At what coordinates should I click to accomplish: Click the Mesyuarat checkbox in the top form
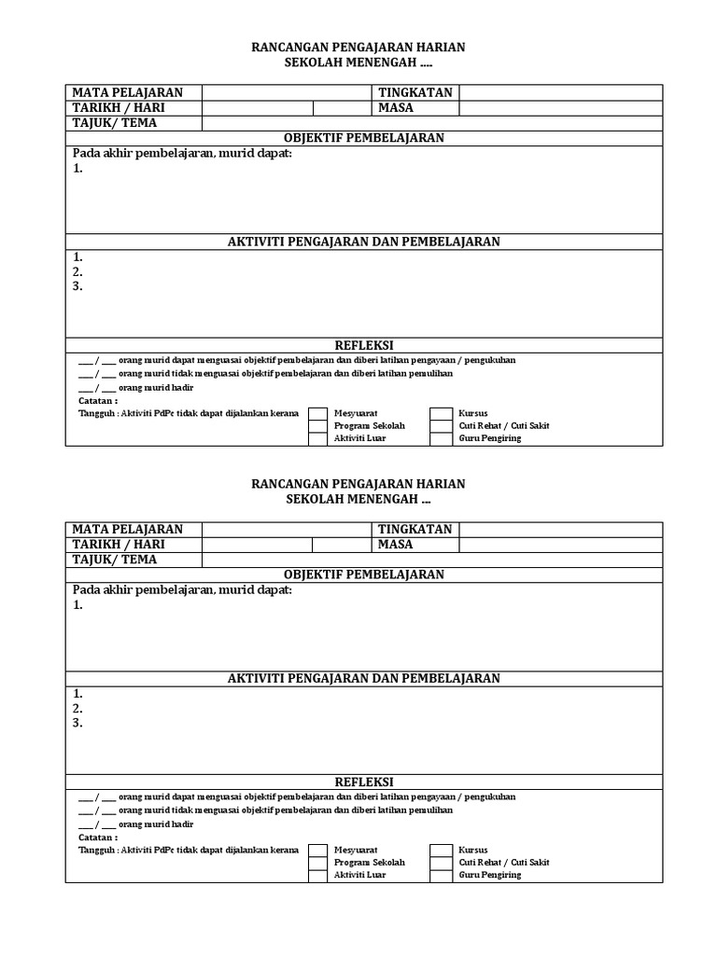click(x=318, y=412)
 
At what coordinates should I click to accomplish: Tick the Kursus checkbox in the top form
click(x=441, y=412)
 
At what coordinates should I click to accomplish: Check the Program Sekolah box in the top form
click(x=318, y=425)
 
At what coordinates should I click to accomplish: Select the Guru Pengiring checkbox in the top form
click(x=441, y=438)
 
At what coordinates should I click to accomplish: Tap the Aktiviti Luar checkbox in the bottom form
click(x=318, y=875)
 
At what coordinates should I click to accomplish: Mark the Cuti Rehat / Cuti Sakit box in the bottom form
click(x=441, y=862)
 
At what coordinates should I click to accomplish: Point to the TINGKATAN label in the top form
click(x=415, y=92)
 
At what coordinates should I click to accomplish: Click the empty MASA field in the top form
click(x=560, y=107)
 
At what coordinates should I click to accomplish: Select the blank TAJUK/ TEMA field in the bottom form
click(x=432, y=560)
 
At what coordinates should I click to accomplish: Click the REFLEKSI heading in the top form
click(x=364, y=345)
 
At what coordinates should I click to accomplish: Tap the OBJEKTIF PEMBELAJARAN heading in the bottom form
click(x=364, y=574)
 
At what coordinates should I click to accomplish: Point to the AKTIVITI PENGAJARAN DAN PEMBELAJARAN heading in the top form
click(x=364, y=242)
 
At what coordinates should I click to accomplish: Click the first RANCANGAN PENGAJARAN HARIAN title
click(x=358, y=48)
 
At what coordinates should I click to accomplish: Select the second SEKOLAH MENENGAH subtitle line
click(x=358, y=500)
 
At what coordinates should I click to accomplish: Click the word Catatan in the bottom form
click(x=98, y=837)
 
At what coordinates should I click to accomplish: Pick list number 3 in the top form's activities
click(x=78, y=286)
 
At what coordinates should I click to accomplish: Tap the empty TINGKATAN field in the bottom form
click(x=560, y=529)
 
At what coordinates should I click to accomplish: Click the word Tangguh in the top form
click(x=96, y=412)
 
